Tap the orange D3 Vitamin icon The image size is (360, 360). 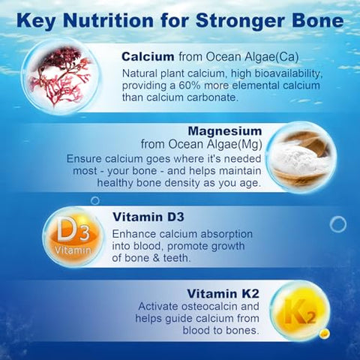pyautogui.click(x=71, y=235)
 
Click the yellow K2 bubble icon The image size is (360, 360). pyautogui.click(x=298, y=310)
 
